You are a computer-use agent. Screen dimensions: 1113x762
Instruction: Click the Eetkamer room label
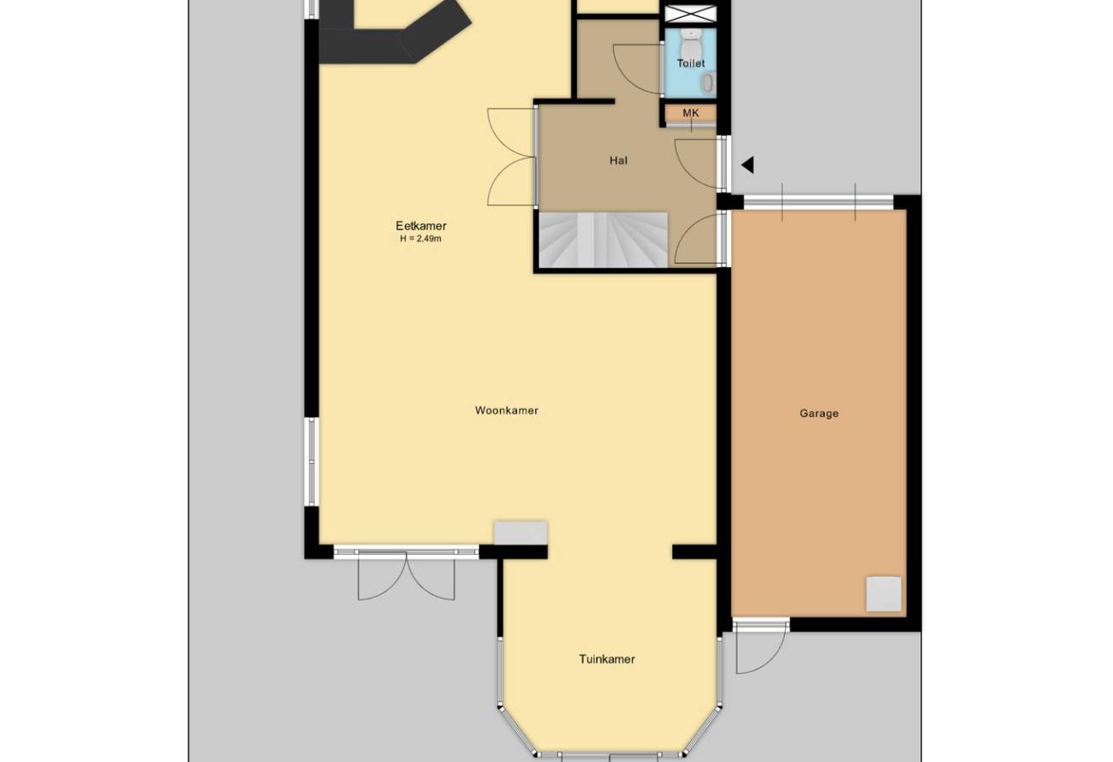421,226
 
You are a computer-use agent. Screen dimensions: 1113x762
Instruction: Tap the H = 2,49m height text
421,239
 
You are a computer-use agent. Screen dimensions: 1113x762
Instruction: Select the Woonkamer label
506,410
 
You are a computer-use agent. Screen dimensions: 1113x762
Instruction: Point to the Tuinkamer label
607,659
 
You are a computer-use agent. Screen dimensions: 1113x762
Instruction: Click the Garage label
818,414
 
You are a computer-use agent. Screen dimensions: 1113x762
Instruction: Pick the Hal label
618,160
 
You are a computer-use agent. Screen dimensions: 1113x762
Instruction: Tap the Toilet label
691,63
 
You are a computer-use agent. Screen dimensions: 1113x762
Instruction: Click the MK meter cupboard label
691,113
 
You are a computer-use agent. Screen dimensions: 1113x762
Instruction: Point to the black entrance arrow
747,165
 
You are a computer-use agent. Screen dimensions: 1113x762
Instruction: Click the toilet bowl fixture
690,43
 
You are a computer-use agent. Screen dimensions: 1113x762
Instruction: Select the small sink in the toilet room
709,83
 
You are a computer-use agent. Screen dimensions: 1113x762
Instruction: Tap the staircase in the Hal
604,240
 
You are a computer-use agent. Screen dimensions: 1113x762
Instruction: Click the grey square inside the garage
884,593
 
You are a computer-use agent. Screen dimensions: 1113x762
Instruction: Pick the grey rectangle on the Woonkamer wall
521,533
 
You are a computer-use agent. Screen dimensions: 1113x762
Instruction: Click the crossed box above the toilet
691,14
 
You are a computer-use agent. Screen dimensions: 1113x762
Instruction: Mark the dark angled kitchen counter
392,33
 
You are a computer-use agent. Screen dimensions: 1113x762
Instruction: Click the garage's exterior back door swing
760,648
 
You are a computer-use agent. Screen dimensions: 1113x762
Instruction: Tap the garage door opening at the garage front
818,202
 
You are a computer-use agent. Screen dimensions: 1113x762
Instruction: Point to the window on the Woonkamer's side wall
312,462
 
